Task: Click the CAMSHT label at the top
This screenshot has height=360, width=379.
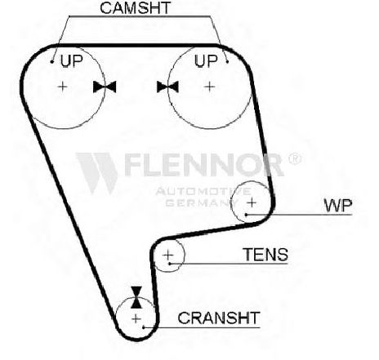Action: click(135, 7)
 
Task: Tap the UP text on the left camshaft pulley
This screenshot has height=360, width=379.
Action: click(72, 60)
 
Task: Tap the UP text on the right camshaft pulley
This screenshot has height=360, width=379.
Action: click(206, 60)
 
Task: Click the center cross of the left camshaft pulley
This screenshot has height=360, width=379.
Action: click(63, 87)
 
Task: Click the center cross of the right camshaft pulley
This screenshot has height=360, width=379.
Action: click(210, 87)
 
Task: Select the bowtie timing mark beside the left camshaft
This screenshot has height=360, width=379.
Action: click(105, 87)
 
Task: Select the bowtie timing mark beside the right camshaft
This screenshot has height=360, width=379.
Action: click(167, 87)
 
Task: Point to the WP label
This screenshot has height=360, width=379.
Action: click(338, 206)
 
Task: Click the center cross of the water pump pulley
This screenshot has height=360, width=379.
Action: click(252, 202)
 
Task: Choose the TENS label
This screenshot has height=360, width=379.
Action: click(265, 255)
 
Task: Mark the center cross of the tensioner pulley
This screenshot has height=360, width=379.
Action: click(168, 255)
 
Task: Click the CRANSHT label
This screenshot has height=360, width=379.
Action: click(219, 318)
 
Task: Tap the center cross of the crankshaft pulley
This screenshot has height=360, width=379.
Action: click(136, 318)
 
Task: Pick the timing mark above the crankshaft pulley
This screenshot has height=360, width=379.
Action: click(136, 297)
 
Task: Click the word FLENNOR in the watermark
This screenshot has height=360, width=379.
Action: click(204, 165)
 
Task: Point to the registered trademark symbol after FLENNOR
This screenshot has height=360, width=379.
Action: click(295, 158)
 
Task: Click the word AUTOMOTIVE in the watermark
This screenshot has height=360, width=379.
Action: click(203, 191)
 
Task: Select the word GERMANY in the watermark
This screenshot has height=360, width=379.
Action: click(202, 202)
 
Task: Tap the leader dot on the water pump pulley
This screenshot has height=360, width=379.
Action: click(246, 215)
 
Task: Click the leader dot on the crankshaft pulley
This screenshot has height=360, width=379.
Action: click(144, 327)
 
